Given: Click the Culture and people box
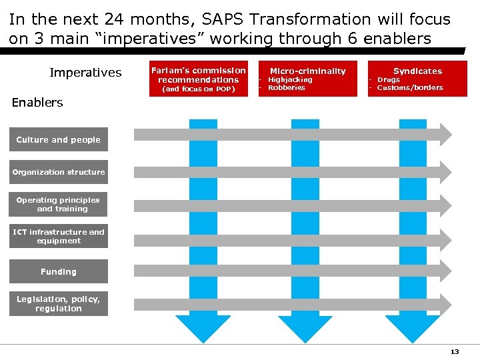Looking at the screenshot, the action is (58, 140).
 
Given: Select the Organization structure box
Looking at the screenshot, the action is (58, 172).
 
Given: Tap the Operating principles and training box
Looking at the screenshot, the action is (58, 204).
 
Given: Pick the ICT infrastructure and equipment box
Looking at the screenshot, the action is (58, 236).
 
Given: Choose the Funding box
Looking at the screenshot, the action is (58, 272).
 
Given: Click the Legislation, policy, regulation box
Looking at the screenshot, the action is (58, 304).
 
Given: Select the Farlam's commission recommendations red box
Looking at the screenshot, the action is (198, 79).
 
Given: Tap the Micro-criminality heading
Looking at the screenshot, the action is (307, 71).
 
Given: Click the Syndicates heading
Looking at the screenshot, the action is (417, 71).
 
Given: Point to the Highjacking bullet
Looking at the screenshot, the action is (290, 79).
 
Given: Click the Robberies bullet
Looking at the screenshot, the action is (286, 87).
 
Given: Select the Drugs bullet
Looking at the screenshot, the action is (389, 79).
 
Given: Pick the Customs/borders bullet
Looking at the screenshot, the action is (409, 87).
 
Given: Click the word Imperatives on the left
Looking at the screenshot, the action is (85, 72).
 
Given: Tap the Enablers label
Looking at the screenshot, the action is (37, 102).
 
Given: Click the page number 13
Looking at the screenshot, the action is (455, 351).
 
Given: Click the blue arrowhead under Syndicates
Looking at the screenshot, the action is (413, 329).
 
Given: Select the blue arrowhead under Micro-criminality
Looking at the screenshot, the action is (305, 329).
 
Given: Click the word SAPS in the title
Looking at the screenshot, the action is (224, 20).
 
